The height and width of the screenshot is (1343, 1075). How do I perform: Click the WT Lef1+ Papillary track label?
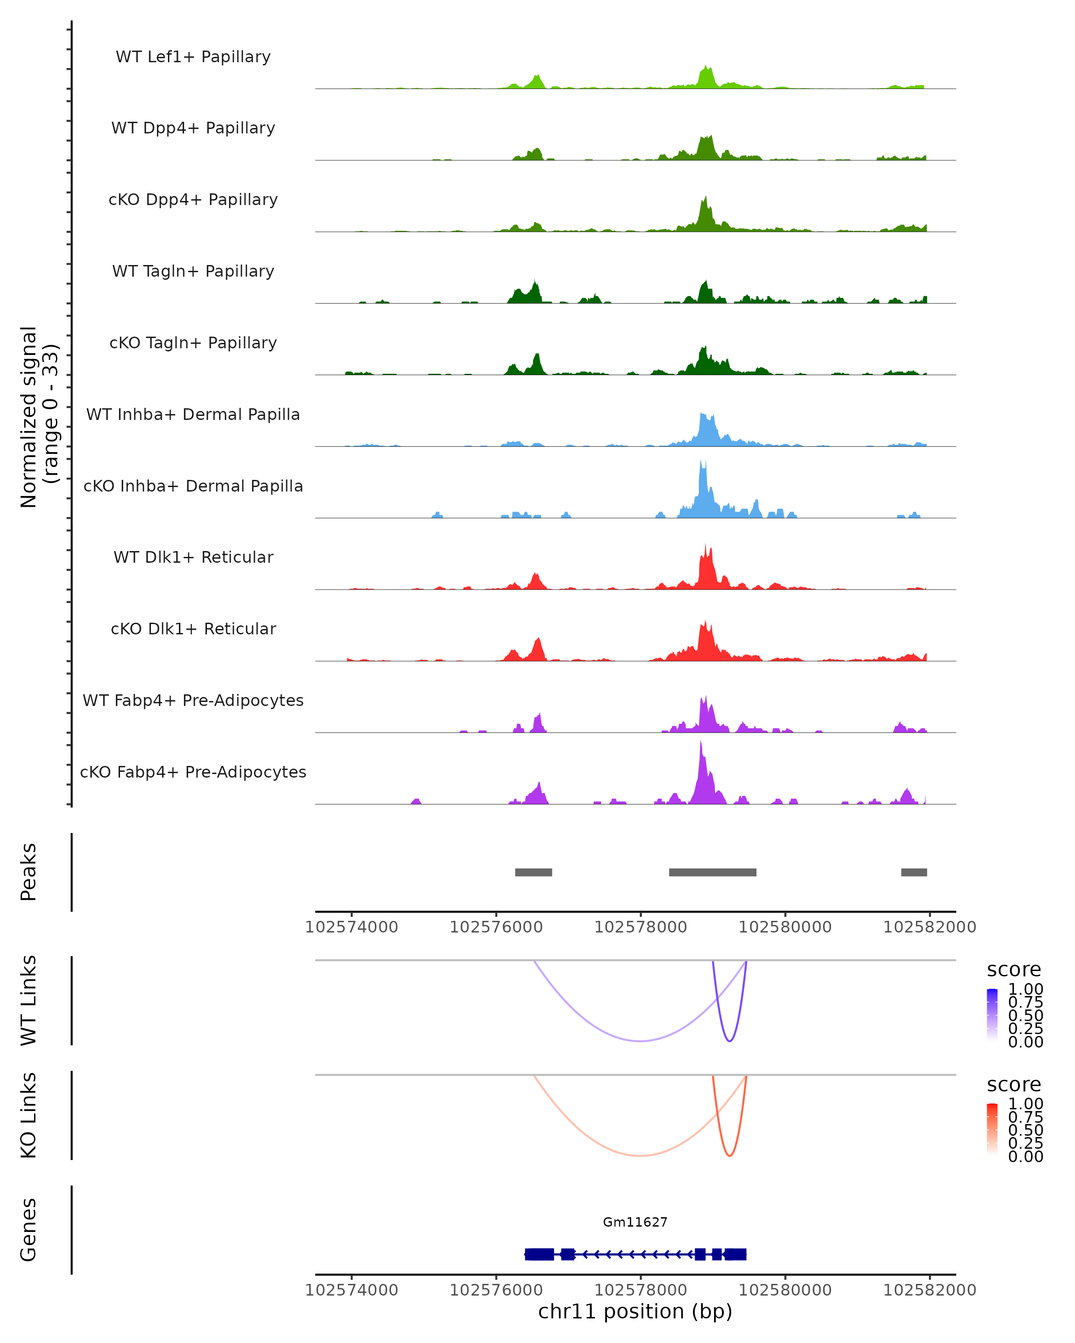tap(193, 57)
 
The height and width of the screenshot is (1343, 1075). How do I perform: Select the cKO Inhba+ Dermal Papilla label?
tap(193, 486)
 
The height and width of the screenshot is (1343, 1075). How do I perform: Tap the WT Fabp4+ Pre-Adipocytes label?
tap(193, 700)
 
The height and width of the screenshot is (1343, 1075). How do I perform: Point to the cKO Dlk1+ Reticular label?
tap(193, 629)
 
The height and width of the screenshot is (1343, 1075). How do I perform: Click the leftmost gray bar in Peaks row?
tap(533, 872)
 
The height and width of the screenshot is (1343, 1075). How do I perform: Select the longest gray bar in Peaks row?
tap(712, 872)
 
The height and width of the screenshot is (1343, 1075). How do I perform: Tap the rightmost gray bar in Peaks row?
tap(914, 872)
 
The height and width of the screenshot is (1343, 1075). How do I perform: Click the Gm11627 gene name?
tap(635, 1222)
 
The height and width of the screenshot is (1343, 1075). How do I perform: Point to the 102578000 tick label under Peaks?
tap(641, 927)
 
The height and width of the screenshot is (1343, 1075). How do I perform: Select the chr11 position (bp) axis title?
tap(635, 1312)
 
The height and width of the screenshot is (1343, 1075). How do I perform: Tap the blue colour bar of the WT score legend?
tap(992, 1014)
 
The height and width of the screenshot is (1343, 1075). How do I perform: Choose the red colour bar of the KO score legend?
tap(992, 1129)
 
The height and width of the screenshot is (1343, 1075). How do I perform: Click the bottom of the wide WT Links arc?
tap(640, 1041)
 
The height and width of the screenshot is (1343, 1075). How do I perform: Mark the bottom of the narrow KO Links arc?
tap(730, 1155)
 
